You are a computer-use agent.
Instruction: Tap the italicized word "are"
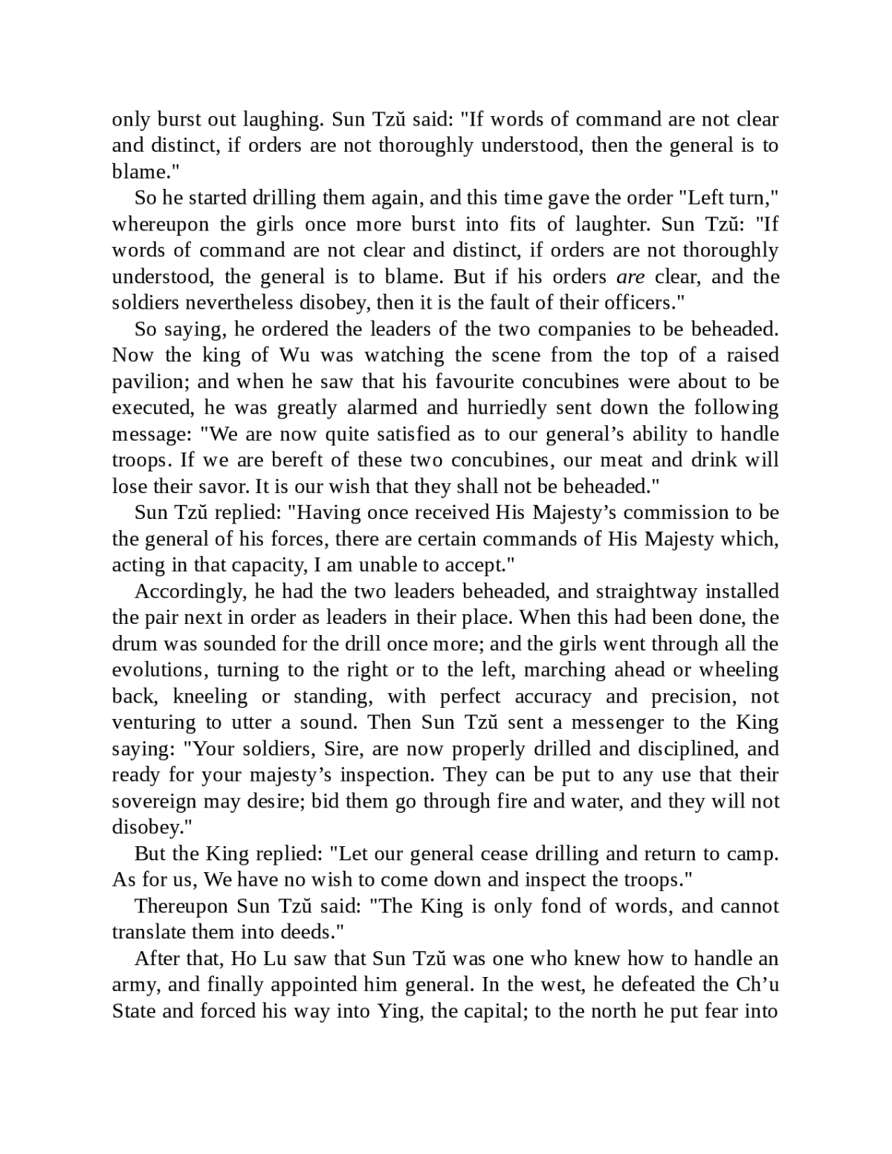(x=630, y=277)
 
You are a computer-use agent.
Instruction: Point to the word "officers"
(x=636, y=303)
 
